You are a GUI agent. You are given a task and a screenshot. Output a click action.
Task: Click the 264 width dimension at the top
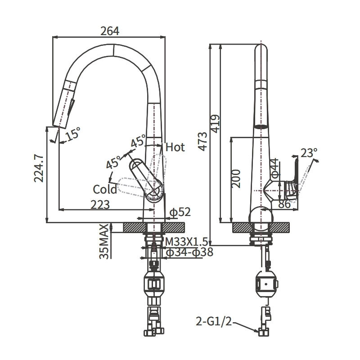tap(110, 31)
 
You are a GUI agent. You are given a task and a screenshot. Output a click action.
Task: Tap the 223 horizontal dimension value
tap(100, 205)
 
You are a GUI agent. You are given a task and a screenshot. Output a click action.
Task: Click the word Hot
tap(175, 147)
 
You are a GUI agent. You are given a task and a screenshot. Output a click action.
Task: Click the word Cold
tap(105, 189)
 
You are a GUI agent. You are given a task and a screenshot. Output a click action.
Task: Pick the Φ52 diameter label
tap(179, 211)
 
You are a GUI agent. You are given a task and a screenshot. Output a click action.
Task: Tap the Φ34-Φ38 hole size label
tap(189, 252)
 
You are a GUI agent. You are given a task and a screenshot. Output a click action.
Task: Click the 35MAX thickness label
tap(104, 242)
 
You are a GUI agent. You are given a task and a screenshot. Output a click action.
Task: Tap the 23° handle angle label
tap(309, 153)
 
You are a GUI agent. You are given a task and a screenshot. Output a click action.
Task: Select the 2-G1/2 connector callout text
tap(213, 322)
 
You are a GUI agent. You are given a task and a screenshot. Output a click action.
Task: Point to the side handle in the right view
tap(293, 178)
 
